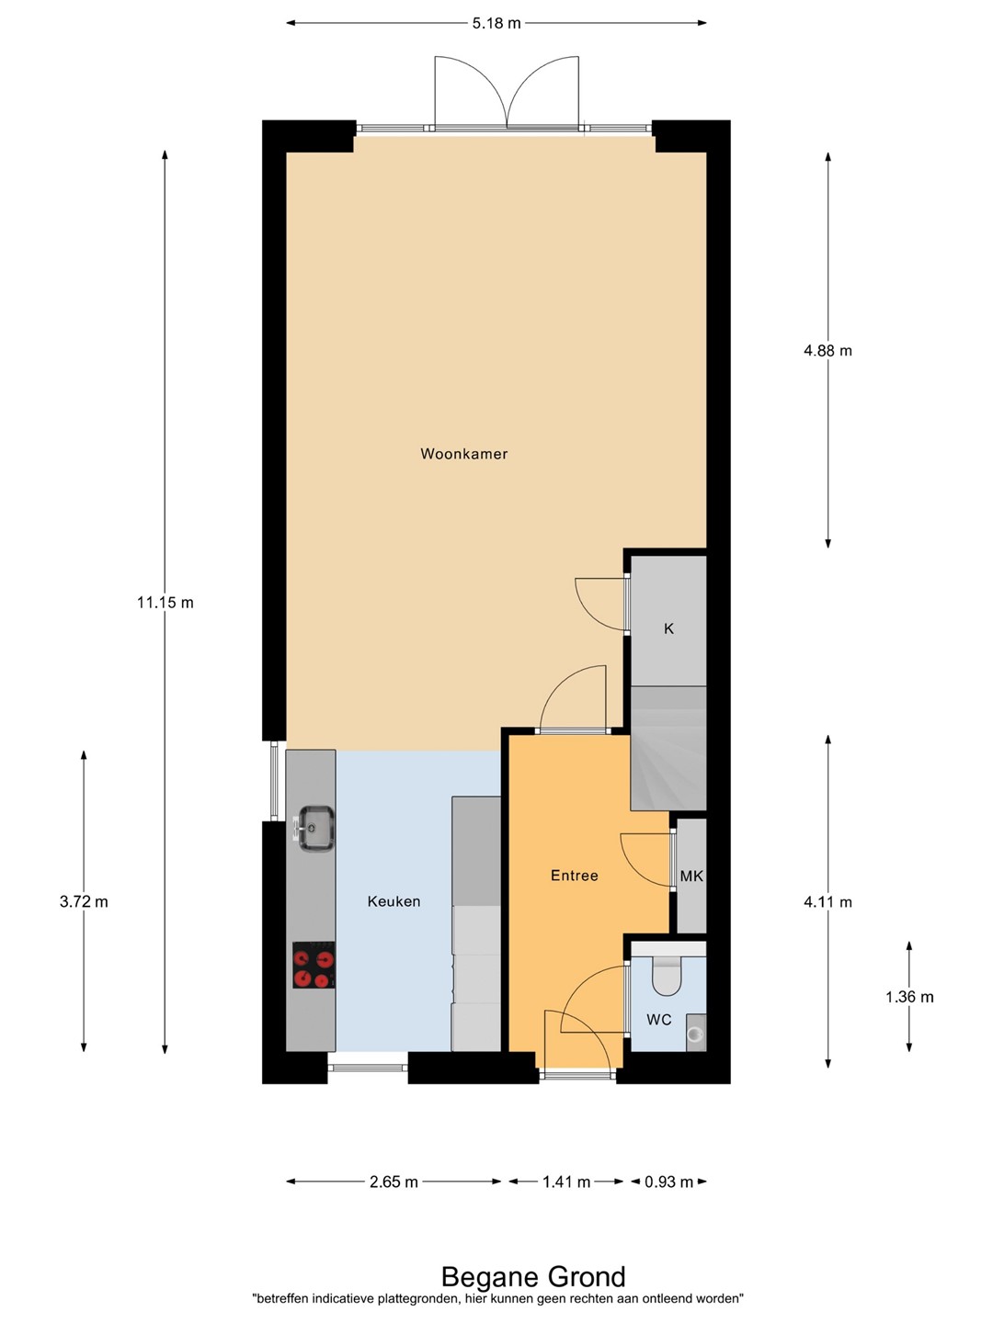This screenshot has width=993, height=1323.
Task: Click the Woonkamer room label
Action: point(463,454)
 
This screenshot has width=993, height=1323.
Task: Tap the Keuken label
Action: point(394,901)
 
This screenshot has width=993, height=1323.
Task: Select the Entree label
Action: point(574,876)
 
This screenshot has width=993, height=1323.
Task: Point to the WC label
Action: point(659,1020)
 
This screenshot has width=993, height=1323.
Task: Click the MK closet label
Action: point(691,876)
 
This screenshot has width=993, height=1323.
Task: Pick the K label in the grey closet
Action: point(668,628)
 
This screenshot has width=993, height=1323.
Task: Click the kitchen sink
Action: point(314,829)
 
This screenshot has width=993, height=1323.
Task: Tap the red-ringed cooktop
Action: point(314,965)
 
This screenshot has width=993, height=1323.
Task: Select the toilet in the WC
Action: point(667,976)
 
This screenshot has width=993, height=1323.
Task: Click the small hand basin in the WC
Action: point(696,1033)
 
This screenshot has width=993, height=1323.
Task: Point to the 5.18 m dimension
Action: point(496,24)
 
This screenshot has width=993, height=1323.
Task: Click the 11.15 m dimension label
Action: point(165,602)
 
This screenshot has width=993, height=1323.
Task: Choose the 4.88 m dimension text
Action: point(827,350)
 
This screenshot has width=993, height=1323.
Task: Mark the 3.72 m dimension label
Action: point(84,901)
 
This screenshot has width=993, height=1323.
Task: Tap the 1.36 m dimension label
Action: point(909,998)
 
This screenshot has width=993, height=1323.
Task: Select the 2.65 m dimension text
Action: point(394,1182)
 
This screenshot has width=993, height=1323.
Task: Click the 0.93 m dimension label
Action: point(668,1182)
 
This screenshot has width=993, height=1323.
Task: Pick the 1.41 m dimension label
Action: point(566,1182)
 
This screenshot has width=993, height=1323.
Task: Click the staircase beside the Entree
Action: point(668,747)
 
